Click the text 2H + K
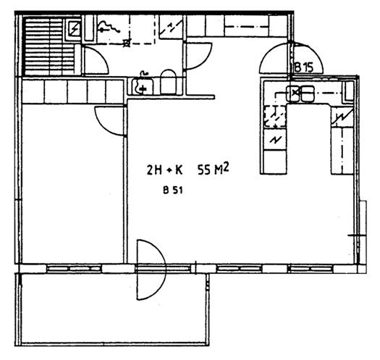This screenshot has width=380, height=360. pyautogui.click(x=164, y=170)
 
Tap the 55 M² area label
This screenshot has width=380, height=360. pyautogui.click(x=214, y=169)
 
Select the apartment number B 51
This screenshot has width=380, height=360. pyautogui.click(x=173, y=191)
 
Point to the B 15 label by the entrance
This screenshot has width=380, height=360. pyautogui.click(x=304, y=67)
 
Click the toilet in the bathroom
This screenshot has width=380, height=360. pyautogui.click(x=168, y=82)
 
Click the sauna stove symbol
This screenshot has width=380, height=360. pyautogui.click(x=75, y=28)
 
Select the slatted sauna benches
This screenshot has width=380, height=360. pyautogui.click(x=49, y=46)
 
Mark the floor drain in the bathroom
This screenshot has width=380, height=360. pyautogui.click(x=126, y=43)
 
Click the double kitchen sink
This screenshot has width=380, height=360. pyautogui.click(x=300, y=93)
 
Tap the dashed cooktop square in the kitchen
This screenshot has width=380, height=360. pyautogui.click(x=275, y=117)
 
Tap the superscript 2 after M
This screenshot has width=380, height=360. pyautogui.click(x=226, y=167)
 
